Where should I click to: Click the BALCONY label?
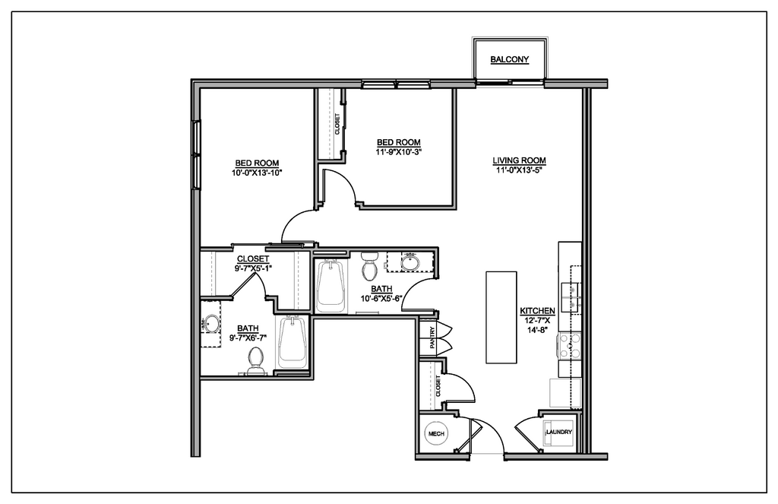tap(509, 60)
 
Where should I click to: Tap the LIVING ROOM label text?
tap(520, 160)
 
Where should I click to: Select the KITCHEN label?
tap(537, 312)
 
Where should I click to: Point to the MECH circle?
tap(436, 433)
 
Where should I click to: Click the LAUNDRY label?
tap(558, 433)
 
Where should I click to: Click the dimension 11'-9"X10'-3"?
tap(398, 152)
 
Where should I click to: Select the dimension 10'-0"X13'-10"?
tap(256, 173)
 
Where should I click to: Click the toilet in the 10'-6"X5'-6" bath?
tap(370, 268)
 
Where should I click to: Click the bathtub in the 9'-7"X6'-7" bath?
tap(293, 344)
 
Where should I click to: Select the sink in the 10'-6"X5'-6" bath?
tap(410, 262)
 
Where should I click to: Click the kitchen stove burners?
tap(570, 347)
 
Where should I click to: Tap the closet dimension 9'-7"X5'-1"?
tap(253, 268)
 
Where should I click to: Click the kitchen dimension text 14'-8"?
tap(537, 331)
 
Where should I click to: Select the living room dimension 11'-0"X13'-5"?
tap(520, 170)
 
